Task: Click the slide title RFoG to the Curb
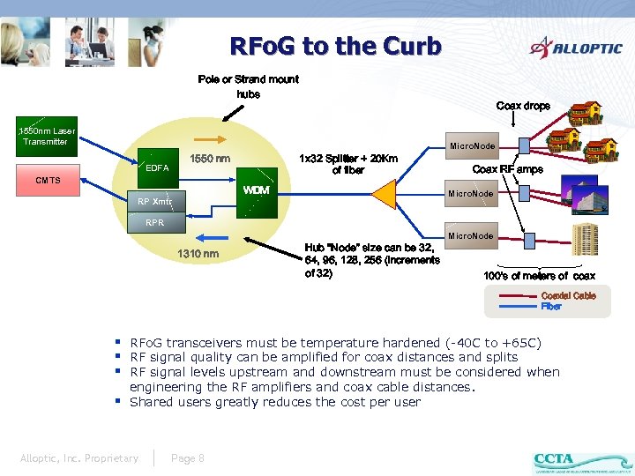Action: point(335,46)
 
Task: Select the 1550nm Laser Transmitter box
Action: point(46,136)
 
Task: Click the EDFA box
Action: point(157,167)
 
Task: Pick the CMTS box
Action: point(49,181)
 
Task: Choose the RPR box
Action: point(154,223)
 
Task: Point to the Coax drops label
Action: point(523,106)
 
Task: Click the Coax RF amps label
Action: point(508,169)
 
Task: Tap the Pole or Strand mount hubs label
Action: point(248,86)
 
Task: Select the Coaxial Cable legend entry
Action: point(568,296)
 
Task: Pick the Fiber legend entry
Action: point(551,307)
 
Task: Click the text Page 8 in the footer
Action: point(188,457)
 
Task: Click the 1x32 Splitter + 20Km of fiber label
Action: point(348,164)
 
